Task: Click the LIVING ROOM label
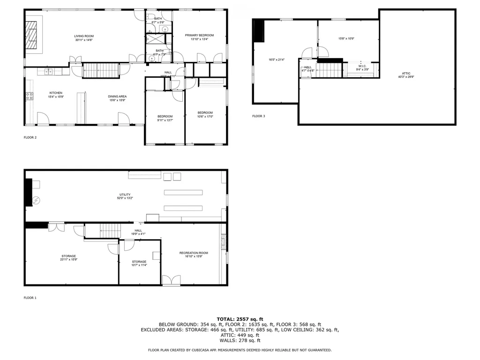point(84,36)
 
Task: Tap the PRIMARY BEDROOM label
point(199,35)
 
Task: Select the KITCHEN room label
point(56,93)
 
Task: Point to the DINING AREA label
point(117,97)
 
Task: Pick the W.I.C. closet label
point(362,66)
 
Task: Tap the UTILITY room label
point(125,195)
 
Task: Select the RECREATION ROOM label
point(194,253)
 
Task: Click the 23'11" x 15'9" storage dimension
point(68,259)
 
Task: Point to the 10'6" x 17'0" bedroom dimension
point(205,116)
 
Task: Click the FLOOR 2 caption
point(30,137)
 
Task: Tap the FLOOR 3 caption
point(258,116)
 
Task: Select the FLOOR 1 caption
point(30,297)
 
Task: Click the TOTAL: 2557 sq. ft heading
point(240,319)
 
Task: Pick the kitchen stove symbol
point(29,96)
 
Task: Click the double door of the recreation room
point(171,280)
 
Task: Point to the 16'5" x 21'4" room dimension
point(277,60)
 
